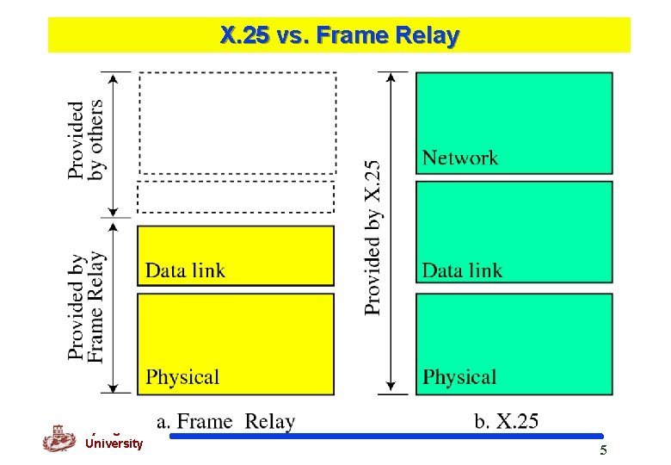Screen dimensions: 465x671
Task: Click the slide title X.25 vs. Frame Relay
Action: [340, 36]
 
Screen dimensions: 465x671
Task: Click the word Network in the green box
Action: [460, 158]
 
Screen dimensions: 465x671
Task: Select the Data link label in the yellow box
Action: [185, 270]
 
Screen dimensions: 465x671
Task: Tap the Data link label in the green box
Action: [462, 270]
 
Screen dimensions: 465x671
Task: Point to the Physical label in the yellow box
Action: [182, 377]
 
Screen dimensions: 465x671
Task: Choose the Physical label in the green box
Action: [459, 377]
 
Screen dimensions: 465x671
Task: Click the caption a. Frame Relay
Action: [226, 422]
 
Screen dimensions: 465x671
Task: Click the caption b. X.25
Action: [507, 422]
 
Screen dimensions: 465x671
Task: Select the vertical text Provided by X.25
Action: [372, 238]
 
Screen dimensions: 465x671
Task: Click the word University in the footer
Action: [114, 444]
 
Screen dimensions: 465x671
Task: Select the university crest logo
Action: [59, 437]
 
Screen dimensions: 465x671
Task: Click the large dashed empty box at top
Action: [237, 123]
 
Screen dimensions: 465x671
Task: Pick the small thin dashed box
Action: [236, 197]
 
